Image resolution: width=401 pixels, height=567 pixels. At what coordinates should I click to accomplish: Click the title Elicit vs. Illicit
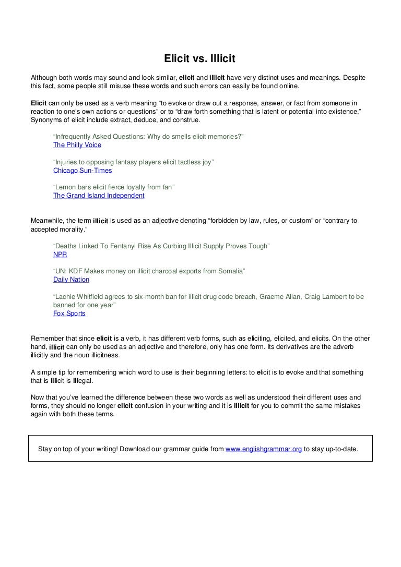pos(200,59)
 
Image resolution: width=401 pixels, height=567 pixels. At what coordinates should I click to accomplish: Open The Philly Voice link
pos(77,145)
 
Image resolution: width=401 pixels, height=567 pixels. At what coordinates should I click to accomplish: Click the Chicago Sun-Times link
pos(82,170)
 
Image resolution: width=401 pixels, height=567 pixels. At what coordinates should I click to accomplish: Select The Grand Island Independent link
pos(99,196)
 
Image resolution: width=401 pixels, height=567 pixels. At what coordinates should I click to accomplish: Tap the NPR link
pos(60,255)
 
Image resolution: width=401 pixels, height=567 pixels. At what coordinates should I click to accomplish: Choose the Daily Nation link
pos(71,280)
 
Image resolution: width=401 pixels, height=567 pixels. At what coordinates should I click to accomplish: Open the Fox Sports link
pos(69,313)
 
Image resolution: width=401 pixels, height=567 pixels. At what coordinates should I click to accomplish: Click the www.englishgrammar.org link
pos(263,449)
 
